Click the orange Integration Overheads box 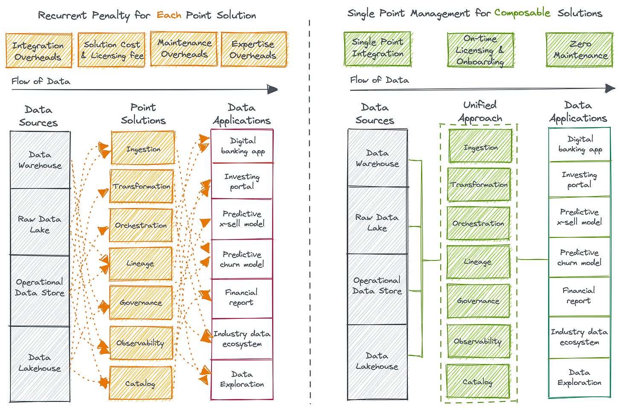tap(38, 51)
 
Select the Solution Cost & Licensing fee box tap(112, 50)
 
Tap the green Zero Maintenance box tap(579, 50)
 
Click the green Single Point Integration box tap(377, 49)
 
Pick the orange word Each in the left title tap(169, 15)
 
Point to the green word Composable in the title tap(522, 13)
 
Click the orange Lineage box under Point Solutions tap(141, 264)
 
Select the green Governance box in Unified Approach tap(478, 301)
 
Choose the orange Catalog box tap(140, 384)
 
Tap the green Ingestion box tap(480, 147)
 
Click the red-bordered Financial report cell tap(242, 298)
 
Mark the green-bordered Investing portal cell tap(579, 180)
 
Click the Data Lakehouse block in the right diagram tap(377, 361)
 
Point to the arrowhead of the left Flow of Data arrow tap(273, 90)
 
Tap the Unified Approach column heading tap(480, 111)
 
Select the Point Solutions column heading tap(143, 114)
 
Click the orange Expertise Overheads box tap(253, 49)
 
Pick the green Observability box tap(478, 341)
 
